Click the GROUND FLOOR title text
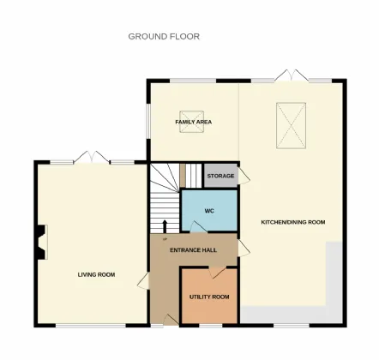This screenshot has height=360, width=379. click(x=164, y=37)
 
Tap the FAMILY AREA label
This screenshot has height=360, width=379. click(x=194, y=123)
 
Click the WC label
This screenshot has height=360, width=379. click(x=208, y=210)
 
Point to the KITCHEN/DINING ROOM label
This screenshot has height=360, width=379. click(x=293, y=223)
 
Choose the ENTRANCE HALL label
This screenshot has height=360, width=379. click(x=193, y=249)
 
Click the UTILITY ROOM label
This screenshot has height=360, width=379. click(x=209, y=297)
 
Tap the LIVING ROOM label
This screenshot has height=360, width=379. click(x=96, y=274)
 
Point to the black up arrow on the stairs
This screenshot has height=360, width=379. click(x=165, y=225)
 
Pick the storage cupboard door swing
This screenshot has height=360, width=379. click(x=244, y=177)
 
